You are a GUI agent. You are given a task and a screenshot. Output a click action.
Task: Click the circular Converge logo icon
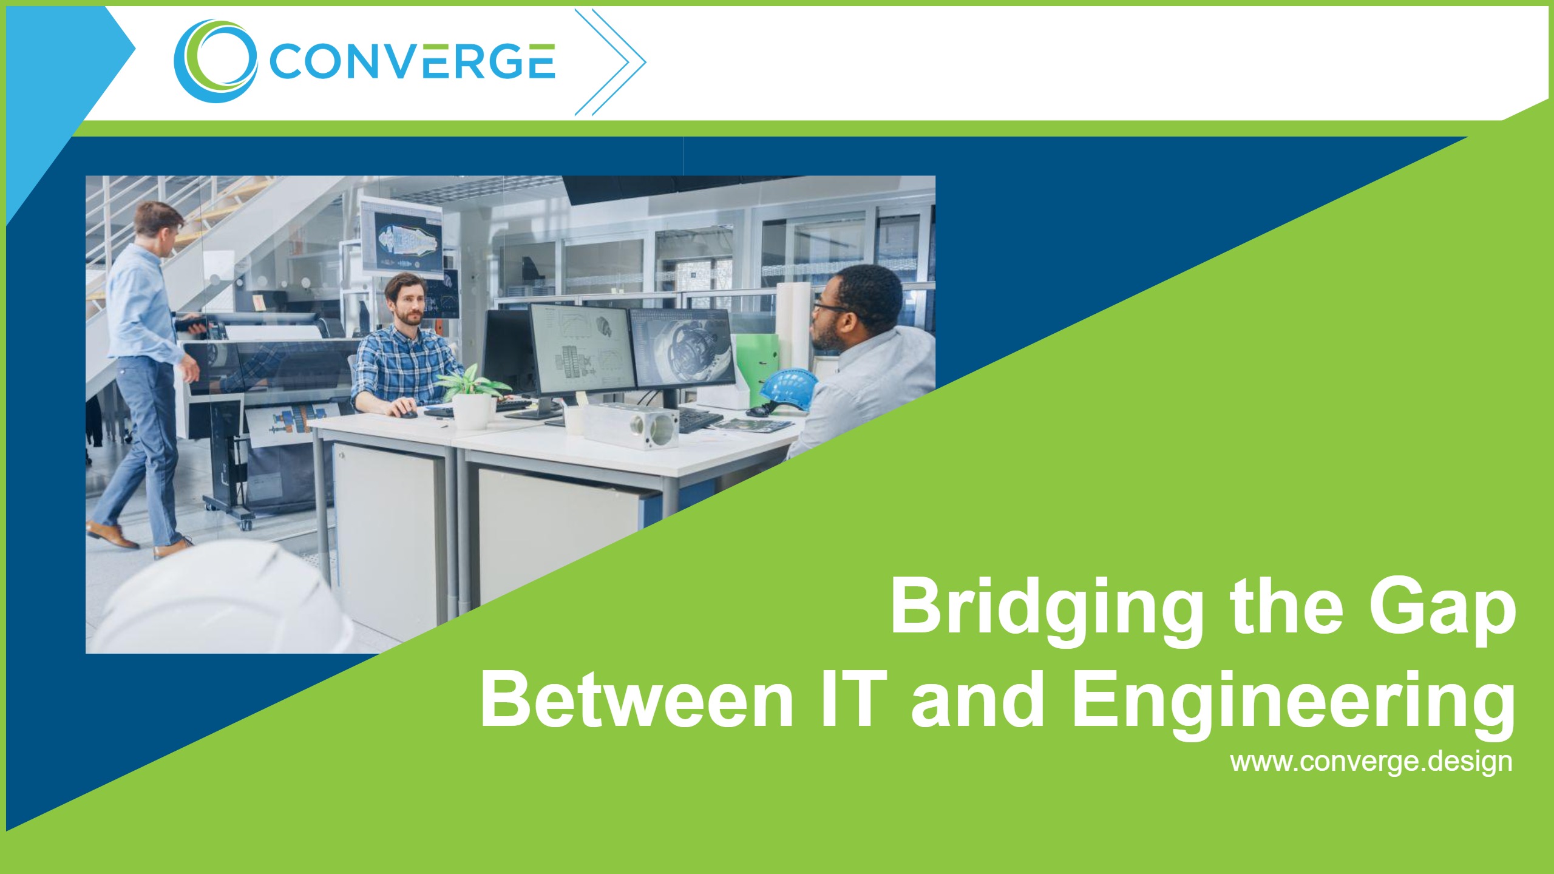point(215,61)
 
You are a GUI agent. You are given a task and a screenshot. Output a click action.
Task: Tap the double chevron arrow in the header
point(609,62)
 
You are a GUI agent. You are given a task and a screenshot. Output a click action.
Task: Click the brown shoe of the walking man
point(112,534)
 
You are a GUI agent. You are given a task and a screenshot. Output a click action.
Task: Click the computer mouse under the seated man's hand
point(405,413)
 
